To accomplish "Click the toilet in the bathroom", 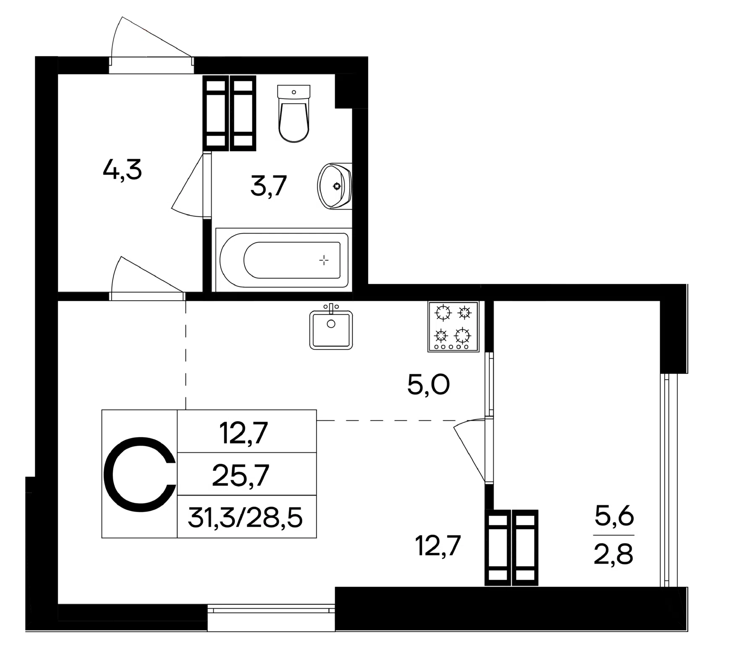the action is pos(294,113).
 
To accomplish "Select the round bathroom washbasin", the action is pos(335,186).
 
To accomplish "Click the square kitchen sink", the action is pos(331,328).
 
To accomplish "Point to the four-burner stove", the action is pos(453,326).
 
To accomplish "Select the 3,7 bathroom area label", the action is pos(268,186).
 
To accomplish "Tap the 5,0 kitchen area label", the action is pos(428,384).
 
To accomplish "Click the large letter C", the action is pos(139,474).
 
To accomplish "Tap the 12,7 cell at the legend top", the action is pos(243,433).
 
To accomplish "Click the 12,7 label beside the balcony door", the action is pos(438,546).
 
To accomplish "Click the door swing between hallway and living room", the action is pos(147,275).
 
